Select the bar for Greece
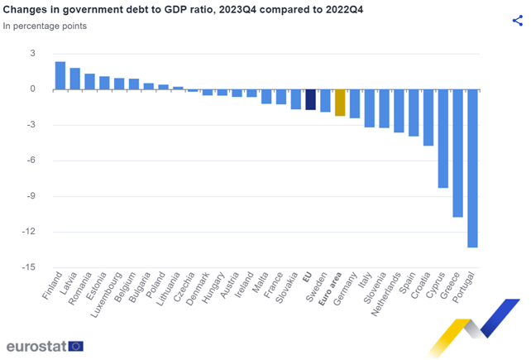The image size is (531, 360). point(457,153)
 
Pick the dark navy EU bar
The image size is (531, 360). point(310,99)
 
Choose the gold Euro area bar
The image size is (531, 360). point(340,103)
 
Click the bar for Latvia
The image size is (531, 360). point(75,79)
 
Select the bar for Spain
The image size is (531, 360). point(414,113)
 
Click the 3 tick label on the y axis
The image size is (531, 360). point(32,53)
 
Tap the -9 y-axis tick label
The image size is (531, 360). point(30,196)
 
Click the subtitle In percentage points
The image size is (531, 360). point(45,26)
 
